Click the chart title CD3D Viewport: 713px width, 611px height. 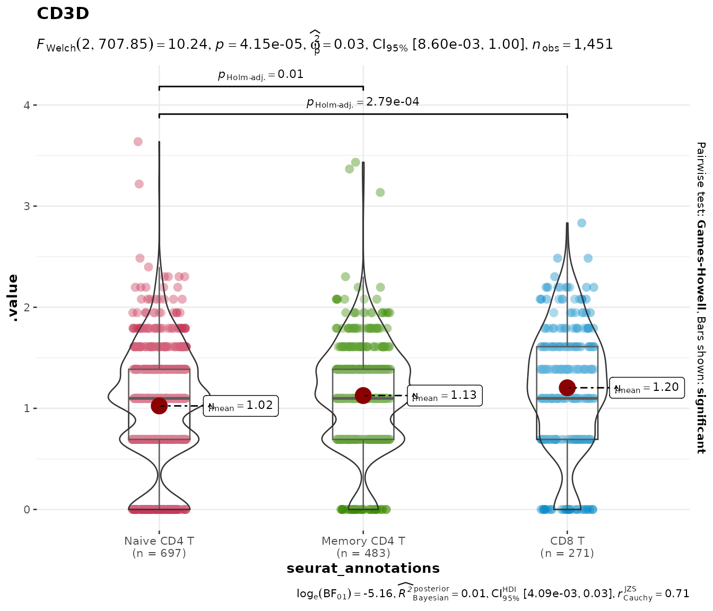coord(63,14)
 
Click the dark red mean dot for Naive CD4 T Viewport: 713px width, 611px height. coord(159,406)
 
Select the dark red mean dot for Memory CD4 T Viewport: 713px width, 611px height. coord(363,395)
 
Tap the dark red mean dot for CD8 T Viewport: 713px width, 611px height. coord(567,388)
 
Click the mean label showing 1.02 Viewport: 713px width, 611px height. coord(241,406)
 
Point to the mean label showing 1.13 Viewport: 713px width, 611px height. coord(445,395)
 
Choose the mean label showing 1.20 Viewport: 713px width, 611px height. coord(647,388)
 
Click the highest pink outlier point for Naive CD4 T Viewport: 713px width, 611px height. coord(138,142)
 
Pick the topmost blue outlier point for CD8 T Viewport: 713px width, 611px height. coord(581,223)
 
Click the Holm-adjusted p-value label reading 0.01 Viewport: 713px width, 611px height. coord(261,75)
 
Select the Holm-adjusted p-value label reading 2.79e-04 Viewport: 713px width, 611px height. coord(363,102)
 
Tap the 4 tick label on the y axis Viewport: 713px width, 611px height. coord(27,105)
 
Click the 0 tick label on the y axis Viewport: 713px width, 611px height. coord(27,510)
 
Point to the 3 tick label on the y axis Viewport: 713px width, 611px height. coord(27,206)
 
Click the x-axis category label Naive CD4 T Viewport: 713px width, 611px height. coord(159,541)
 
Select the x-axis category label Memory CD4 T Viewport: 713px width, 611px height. coord(363,541)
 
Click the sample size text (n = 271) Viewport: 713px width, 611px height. coord(567,554)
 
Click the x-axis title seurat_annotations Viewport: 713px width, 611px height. coord(363,569)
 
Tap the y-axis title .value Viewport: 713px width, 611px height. coord(13,298)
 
